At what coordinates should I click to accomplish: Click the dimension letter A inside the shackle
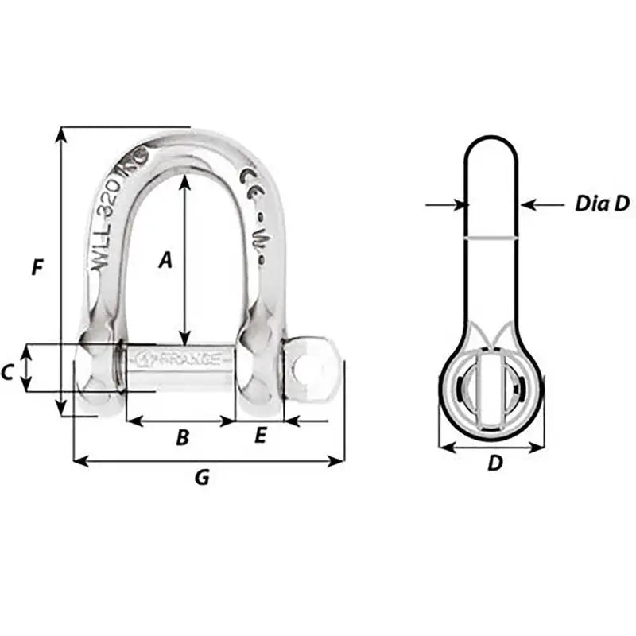tap(165, 259)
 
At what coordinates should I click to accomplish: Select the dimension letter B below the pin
tap(182, 436)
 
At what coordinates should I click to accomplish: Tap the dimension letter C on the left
tap(8, 371)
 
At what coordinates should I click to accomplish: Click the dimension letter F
tap(37, 268)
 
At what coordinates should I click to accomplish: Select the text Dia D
tap(601, 204)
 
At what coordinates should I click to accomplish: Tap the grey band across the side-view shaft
tap(491, 237)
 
